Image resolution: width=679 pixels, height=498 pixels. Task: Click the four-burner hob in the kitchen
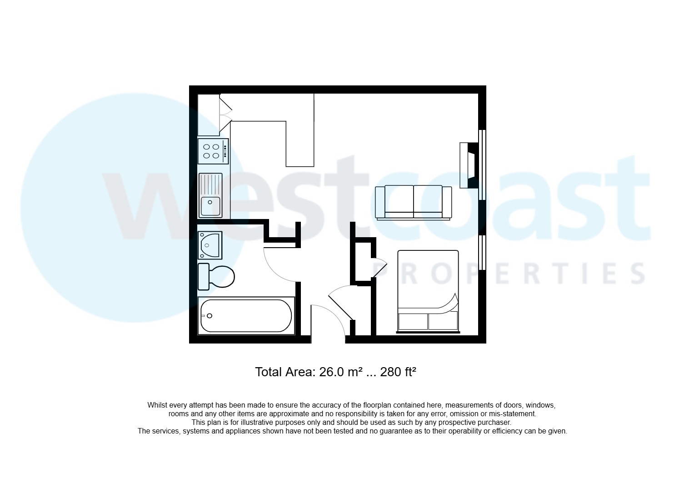click(x=213, y=151)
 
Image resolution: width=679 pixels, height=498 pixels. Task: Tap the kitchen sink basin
click(x=210, y=206)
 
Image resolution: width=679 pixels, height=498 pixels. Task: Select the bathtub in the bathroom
click(x=246, y=316)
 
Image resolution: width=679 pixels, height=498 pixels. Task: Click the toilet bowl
click(x=222, y=276)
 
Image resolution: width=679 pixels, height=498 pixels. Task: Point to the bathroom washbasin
click(x=210, y=245)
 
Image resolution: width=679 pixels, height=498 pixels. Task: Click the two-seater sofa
click(x=414, y=202)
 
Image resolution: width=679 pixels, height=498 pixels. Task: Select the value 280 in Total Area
click(x=391, y=372)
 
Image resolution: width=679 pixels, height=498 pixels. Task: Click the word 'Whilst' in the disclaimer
click(x=157, y=405)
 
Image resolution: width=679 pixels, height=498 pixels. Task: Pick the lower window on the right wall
click(x=482, y=252)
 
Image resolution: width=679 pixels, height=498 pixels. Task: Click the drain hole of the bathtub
click(x=210, y=316)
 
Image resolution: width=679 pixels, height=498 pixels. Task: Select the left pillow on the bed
click(x=413, y=322)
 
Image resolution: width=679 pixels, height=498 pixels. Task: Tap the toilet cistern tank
click(x=204, y=276)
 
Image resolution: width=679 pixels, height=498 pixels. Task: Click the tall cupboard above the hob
click(x=209, y=115)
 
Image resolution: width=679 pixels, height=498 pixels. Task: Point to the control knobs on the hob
click(x=225, y=151)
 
